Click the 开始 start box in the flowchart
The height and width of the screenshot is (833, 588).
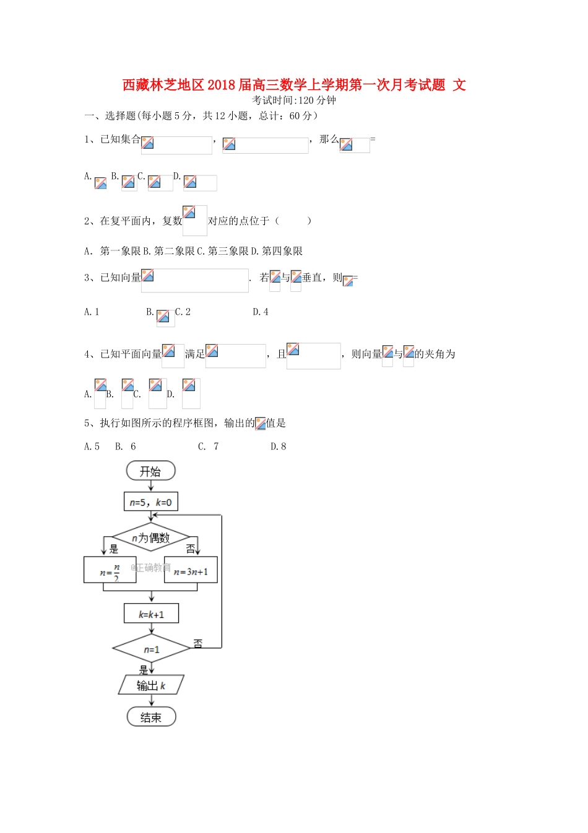(150, 471)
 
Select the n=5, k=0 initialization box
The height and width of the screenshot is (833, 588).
(150, 502)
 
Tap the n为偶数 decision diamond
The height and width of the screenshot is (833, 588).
(150, 538)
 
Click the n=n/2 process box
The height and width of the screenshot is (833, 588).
(110, 570)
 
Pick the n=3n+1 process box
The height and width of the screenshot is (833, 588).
(191, 571)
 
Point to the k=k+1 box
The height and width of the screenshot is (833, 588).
(151, 614)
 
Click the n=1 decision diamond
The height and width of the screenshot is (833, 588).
(151, 649)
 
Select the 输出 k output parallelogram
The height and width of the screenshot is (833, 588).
(151, 685)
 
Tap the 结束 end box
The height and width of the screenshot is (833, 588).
(151, 717)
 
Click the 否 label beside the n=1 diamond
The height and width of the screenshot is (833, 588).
(198, 643)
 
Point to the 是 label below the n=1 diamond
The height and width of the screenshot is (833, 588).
(144, 669)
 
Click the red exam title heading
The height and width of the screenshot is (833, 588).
(294, 85)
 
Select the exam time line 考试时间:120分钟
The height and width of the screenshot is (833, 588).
(294, 100)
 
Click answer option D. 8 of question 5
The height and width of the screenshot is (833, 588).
(279, 446)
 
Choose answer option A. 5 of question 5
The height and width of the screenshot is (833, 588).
(92, 446)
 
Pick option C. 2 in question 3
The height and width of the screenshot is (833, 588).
(183, 312)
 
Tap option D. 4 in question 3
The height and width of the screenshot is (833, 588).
(261, 312)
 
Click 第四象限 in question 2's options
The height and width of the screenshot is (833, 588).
(282, 251)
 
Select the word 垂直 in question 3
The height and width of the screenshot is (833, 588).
(313, 278)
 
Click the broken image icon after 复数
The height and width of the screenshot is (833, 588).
(189, 213)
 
